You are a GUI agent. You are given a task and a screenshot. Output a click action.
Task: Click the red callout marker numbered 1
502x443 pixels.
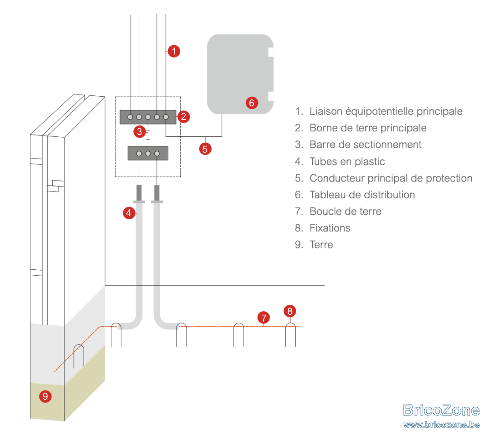pos(174,51)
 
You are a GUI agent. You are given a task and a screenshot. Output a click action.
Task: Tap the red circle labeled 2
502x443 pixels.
pos(183,117)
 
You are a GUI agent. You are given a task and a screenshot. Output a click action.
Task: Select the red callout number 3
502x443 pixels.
pos(139,132)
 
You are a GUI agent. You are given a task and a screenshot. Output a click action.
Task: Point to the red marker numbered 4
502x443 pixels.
pos(129,213)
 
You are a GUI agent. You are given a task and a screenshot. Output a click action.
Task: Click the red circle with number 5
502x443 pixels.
pos(205,149)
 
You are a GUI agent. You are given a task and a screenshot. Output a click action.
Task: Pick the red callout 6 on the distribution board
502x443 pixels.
pos(252,103)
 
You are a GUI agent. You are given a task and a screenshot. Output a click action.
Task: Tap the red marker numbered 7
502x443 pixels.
pos(264,318)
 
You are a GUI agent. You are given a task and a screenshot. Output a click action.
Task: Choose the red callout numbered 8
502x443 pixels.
pos(289,311)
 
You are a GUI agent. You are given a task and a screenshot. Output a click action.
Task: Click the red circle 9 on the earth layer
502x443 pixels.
pos(45,396)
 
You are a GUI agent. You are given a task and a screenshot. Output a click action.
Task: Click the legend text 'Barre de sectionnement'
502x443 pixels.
pos(365,144)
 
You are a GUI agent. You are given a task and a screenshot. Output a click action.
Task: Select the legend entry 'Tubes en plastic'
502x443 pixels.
pos(347,161)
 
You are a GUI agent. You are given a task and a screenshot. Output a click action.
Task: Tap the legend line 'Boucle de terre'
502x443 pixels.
pos(346,211)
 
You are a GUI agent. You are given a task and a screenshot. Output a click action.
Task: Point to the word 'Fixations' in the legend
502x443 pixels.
pos(330,228)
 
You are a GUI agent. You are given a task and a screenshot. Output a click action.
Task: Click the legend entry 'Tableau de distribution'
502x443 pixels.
pos(362,195)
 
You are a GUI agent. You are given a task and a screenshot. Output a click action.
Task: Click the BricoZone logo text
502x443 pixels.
pos(441,410)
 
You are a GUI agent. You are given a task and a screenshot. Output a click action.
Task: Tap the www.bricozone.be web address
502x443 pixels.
pos(441,425)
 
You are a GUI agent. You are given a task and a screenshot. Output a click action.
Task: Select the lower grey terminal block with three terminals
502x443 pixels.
pos(148,153)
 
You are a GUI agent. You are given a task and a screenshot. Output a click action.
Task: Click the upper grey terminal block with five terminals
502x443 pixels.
pos(148,117)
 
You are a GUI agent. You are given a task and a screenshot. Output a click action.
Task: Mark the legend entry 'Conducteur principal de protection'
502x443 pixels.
pos(391,178)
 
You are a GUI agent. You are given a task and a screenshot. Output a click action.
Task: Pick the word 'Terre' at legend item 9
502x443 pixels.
pos(321,245)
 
